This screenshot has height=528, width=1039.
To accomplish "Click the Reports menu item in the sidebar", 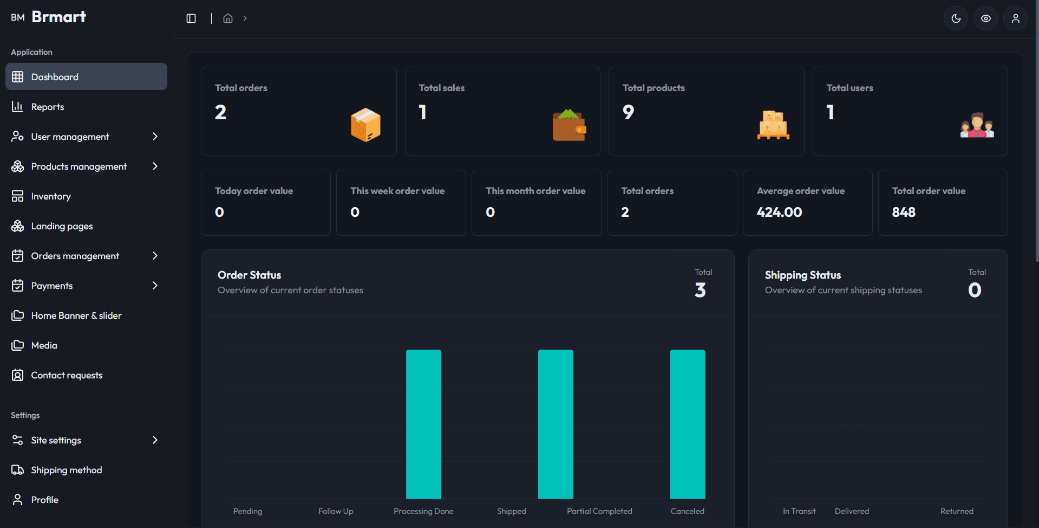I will (x=48, y=107).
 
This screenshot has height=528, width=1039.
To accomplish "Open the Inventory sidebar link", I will (x=51, y=196).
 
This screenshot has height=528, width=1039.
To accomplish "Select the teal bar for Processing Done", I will (x=423, y=424).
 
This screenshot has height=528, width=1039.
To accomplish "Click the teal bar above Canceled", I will (x=687, y=424).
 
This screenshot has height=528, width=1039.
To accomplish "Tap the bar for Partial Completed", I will (x=556, y=424).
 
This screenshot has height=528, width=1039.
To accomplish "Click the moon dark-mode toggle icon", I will (x=956, y=18).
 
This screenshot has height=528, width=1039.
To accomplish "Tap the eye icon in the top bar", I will (x=985, y=18).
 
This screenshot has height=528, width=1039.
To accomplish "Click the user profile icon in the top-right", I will (x=1015, y=18).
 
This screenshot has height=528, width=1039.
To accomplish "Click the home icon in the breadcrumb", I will (x=228, y=18).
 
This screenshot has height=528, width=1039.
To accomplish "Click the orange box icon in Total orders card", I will (x=365, y=125).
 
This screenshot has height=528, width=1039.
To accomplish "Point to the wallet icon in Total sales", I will (x=569, y=125).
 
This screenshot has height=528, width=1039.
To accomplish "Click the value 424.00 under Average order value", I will (x=779, y=212).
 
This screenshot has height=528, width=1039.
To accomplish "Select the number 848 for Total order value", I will (x=904, y=212).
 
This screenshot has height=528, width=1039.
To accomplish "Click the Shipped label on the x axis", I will (x=511, y=511).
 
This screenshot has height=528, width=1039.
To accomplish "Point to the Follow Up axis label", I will (x=336, y=511).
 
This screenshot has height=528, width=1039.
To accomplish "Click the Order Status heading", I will (x=249, y=275).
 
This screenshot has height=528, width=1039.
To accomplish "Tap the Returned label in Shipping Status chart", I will (x=957, y=511).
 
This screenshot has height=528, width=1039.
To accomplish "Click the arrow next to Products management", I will (x=155, y=166).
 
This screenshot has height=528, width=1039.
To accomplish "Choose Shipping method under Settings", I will (x=66, y=470).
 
